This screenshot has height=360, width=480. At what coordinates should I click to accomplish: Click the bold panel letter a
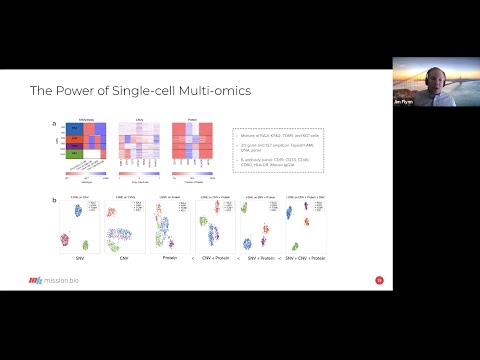pos(54,124)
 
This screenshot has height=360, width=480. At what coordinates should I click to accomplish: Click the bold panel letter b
pos(54,199)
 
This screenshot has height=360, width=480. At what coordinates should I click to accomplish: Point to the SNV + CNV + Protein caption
pos(310,259)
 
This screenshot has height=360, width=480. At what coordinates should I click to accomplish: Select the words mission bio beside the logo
pos(64,281)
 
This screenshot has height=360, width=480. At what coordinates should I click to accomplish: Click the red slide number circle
pos(378,280)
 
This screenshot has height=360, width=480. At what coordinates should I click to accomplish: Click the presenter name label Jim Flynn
pos(402,104)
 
